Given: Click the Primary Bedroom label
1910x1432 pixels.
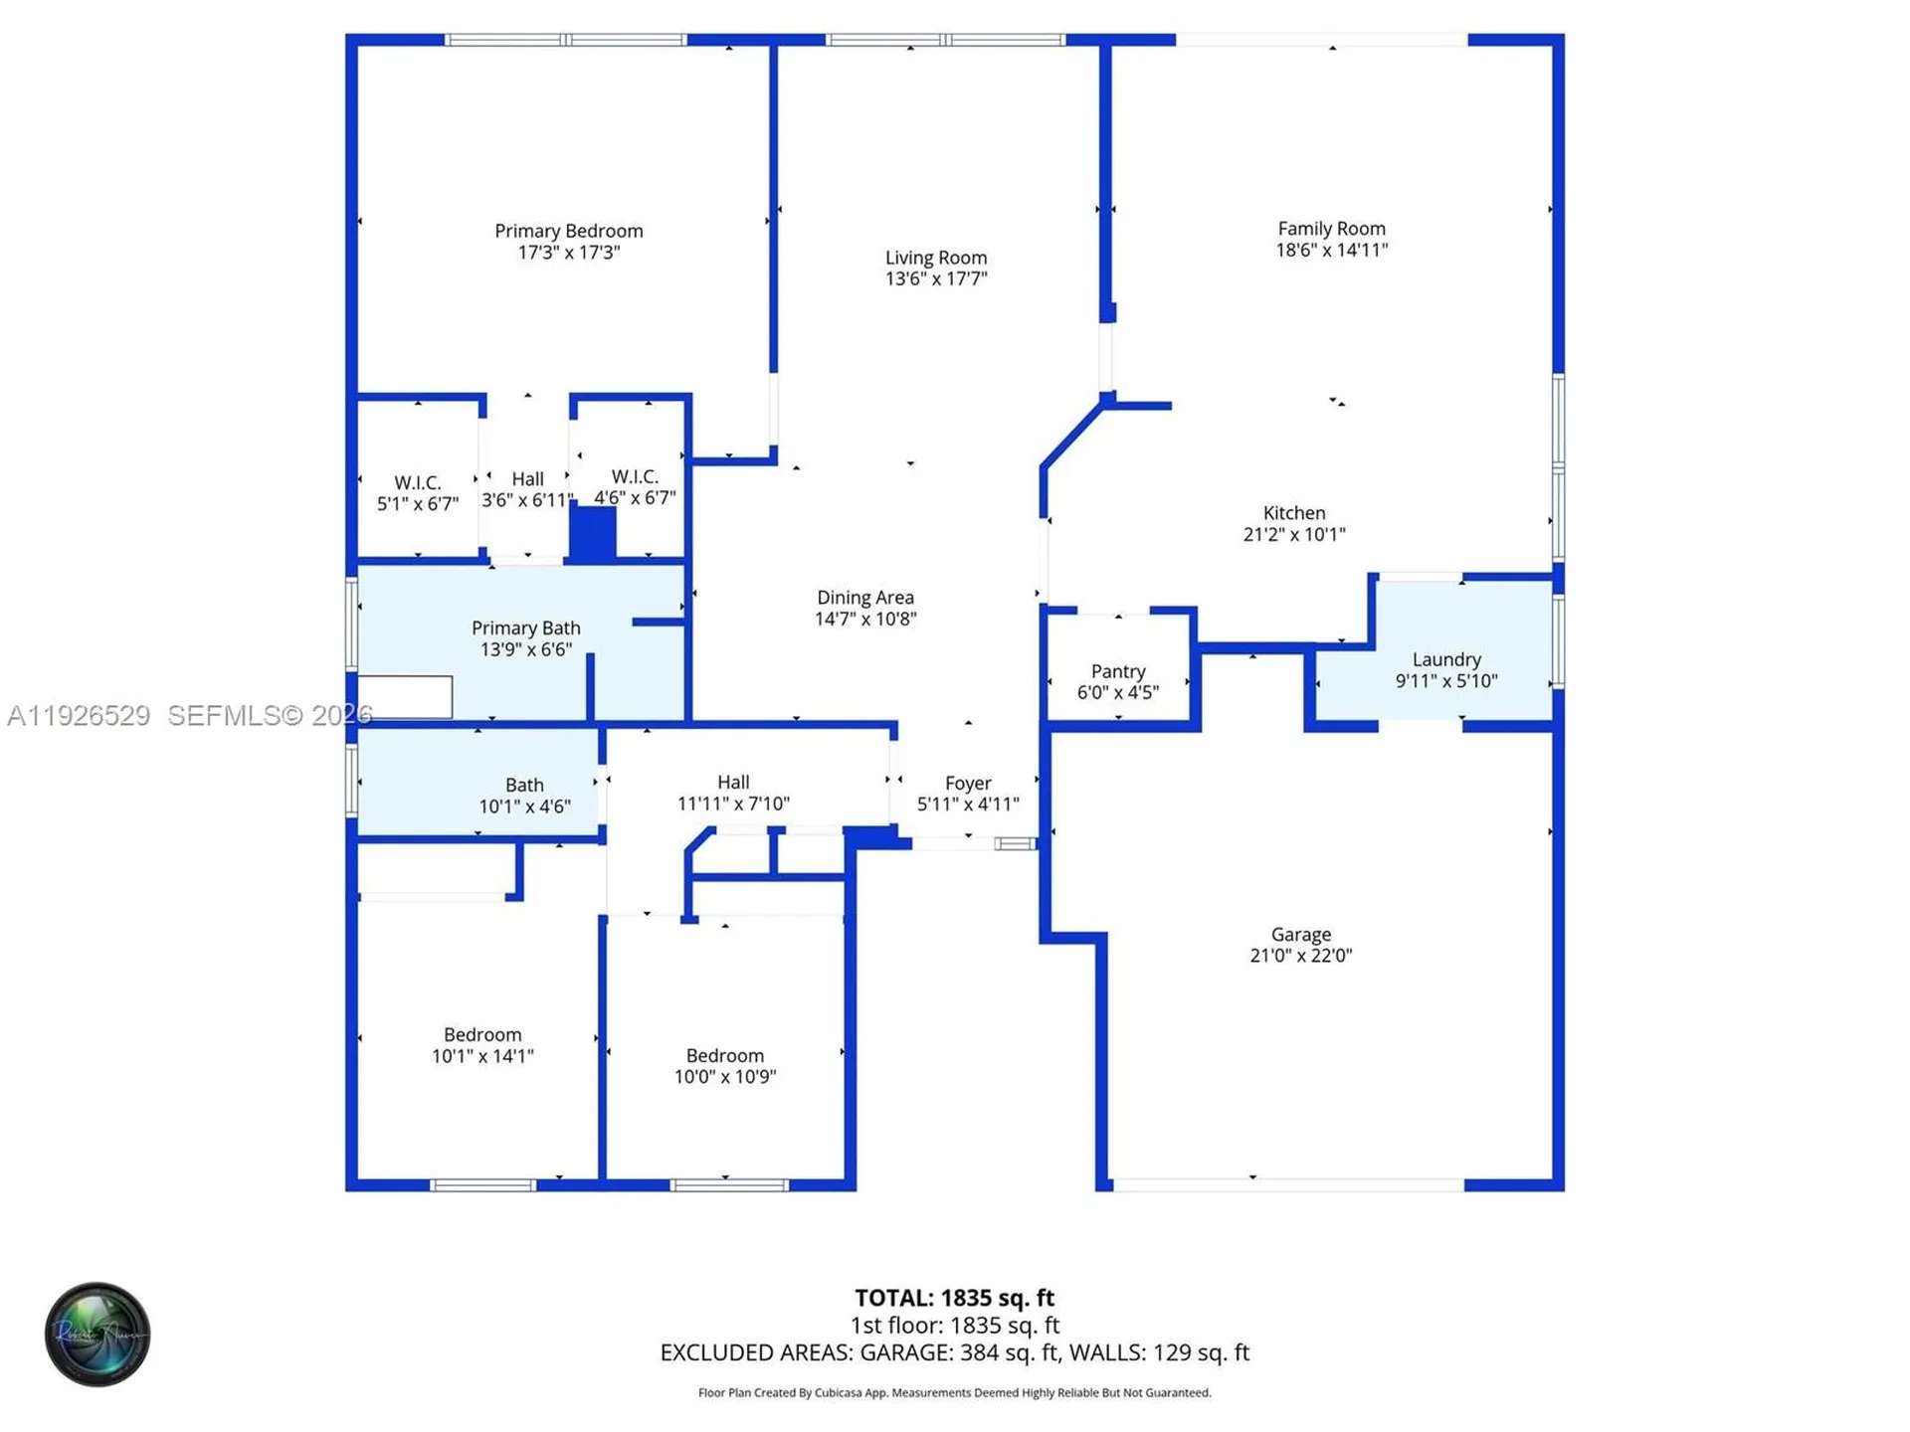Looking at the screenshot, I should tap(568, 231).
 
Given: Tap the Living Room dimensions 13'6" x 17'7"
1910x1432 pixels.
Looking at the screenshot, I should tap(935, 279).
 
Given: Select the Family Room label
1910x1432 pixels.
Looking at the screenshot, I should tap(1331, 229).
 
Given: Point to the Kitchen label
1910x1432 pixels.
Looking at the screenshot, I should tap(1293, 513).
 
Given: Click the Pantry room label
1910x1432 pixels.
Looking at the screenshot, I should tap(1117, 671).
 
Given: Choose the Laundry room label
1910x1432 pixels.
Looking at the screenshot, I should tap(1445, 659).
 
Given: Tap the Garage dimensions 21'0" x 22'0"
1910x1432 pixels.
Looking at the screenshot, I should tap(1300, 956).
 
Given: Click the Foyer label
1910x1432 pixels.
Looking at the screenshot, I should tap(967, 783).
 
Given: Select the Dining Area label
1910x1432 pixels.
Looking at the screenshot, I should tap(864, 598).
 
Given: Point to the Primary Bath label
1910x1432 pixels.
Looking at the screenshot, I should tap(525, 628).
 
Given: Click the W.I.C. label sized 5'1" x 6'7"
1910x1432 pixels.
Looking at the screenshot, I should tap(417, 483).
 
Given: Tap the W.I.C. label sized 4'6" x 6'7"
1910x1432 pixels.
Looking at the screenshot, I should tap(634, 477).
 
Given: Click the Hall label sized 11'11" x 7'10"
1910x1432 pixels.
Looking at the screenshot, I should tap(733, 783).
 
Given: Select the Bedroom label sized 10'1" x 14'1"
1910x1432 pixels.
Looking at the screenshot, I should tap(481, 1035).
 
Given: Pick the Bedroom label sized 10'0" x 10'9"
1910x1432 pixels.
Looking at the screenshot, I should tap(724, 1056).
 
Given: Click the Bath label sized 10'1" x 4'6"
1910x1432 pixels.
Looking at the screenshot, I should tap(524, 786).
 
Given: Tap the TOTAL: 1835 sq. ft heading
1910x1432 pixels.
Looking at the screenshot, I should tap(954, 1298).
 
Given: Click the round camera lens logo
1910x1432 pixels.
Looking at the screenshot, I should tap(97, 1335).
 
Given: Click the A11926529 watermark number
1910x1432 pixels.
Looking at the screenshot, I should tap(79, 716).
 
